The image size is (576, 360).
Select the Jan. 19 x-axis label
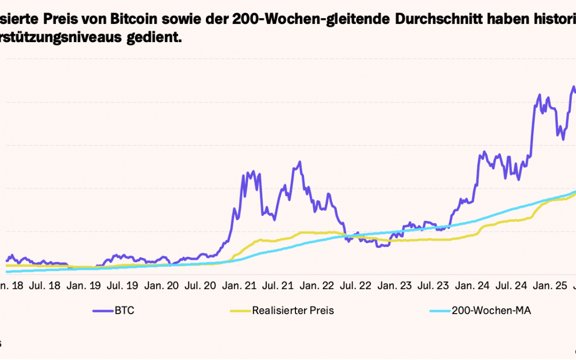pos(84,286)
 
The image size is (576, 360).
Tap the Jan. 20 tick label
pos(163,286)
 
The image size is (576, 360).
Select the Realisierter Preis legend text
pos(293,310)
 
